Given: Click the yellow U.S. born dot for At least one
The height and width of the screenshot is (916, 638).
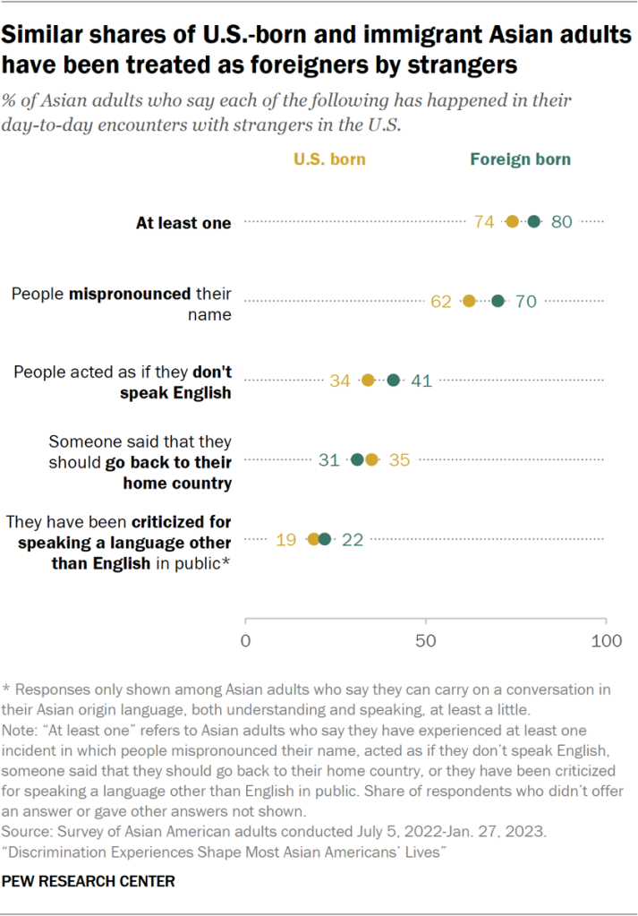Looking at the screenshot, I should point(513,222).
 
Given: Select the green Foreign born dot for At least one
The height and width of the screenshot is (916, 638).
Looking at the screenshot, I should point(534,222).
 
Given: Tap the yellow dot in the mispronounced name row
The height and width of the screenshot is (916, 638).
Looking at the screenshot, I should point(469,301).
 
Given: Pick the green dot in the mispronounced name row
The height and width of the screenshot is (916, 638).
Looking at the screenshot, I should point(498,301).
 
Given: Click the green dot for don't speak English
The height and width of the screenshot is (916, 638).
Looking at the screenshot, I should point(394,381).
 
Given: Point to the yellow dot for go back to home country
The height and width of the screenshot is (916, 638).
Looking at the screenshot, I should point(372,460).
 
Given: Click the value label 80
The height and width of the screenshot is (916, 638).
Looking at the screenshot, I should point(561,222).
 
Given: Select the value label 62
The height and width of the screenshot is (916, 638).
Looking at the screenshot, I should point(441,302).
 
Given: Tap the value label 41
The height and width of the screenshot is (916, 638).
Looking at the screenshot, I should point(421,381).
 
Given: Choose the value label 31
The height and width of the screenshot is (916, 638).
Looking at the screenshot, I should point(329,460).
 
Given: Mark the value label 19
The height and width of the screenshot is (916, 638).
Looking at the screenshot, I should point(286,539).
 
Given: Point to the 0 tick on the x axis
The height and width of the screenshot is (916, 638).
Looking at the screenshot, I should point(245,641).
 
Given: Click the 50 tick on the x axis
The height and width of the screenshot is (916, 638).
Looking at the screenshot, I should point(426,641).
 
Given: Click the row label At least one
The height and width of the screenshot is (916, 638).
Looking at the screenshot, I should point(183,223).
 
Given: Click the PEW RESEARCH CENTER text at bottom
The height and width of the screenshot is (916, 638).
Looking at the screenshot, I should point(89,882).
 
